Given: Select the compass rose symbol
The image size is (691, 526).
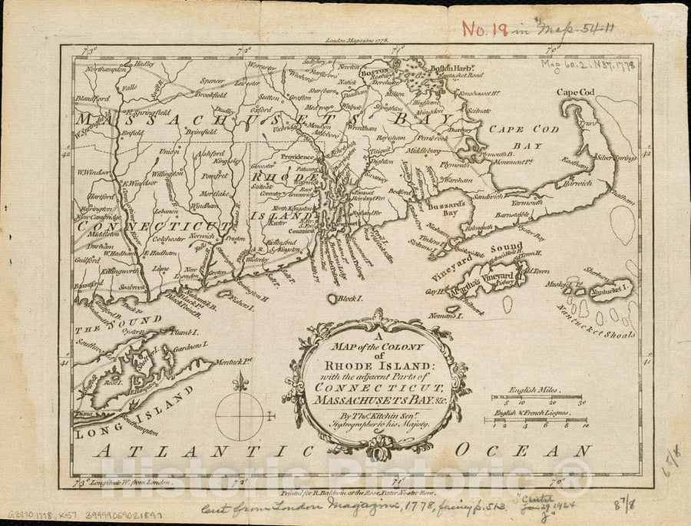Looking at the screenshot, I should tap(240, 415).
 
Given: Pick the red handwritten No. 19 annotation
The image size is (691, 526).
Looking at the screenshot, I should tap(485, 29).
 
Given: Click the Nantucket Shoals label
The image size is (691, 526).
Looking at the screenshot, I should tap(607, 325).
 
